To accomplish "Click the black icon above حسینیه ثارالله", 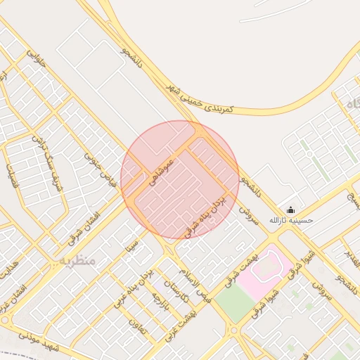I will tap(291, 210).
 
